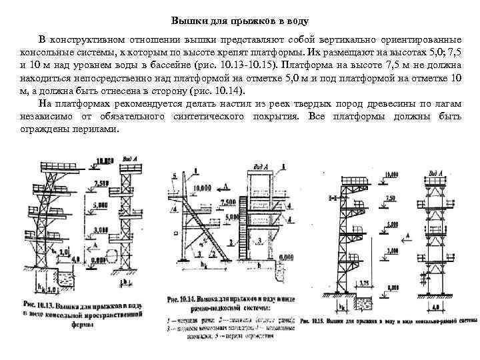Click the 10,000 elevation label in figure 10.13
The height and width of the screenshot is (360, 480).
(105, 161)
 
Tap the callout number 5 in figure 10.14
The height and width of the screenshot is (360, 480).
(175, 175)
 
